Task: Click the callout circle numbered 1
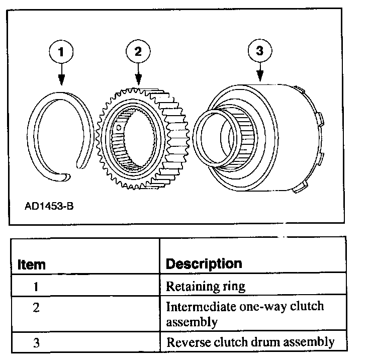pyautogui.click(x=62, y=51)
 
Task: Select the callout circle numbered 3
pyautogui.click(x=260, y=51)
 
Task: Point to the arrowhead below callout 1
pyautogui.click(x=61, y=79)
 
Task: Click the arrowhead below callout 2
pyautogui.click(x=137, y=79)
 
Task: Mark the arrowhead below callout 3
pyautogui.click(x=260, y=77)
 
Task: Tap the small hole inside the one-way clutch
pyautogui.click(x=119, y=128)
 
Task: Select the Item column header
pyautogui.click(x=31, y=264)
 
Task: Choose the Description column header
pyautogui.click(x=204, y=263)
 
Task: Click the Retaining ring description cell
pyautogui.click(x=205, y=287)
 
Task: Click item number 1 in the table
pyautogui.click(x=35, y=287)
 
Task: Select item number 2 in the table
pyautogui.click(x=35, y=307)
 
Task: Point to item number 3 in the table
pyautogui.click(x=35, y=342)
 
